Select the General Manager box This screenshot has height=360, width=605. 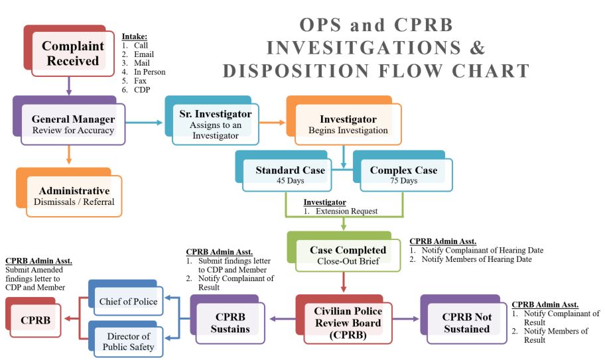(x=73, y=125)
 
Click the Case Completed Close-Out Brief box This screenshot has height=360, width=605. (x=348, y=255)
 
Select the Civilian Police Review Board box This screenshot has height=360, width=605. (x=348, y=323)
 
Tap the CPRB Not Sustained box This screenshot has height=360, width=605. (x=468, y=323)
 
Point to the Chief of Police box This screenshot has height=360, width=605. (x=129, y=302)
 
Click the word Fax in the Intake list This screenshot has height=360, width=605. (x=140, y=81)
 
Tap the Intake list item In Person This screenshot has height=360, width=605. (x=149, y=72)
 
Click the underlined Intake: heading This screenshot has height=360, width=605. (x=135, y=36)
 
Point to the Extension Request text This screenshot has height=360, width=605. (x=346, y=211)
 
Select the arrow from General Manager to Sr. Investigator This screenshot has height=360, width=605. (x=143, y=123)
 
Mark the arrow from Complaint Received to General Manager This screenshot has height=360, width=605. (x=69, y=85)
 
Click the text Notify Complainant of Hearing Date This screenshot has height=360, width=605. (x=482, y=251)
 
